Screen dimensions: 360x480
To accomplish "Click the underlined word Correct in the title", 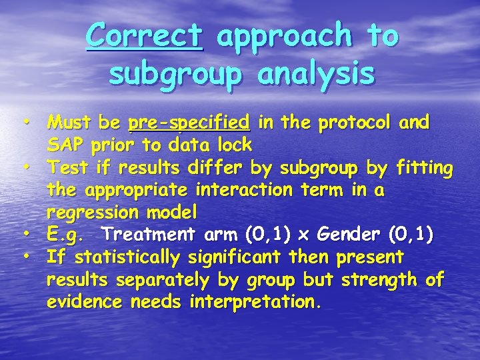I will click(x=143, y=35).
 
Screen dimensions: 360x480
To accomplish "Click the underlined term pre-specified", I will click(x=189, y=123).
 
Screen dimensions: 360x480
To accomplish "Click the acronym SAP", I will click(x=64, y=144).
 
